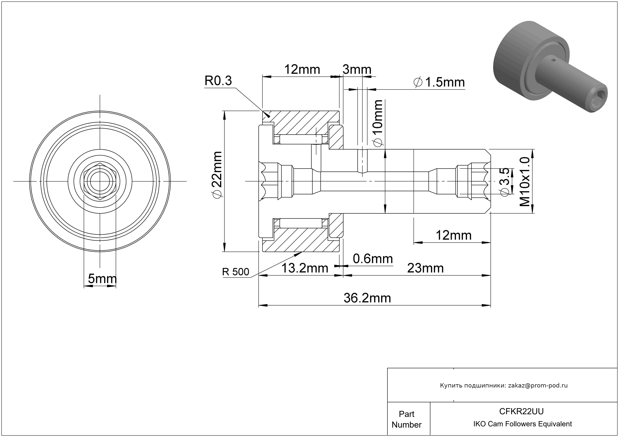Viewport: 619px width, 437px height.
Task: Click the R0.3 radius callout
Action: (218, 81)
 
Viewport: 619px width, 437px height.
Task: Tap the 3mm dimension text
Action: (357, 70)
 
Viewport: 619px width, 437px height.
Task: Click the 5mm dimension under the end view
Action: (102, 279)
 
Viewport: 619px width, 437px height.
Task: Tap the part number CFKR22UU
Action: (521, 411)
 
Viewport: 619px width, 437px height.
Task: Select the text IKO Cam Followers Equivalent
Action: (522, 424)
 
